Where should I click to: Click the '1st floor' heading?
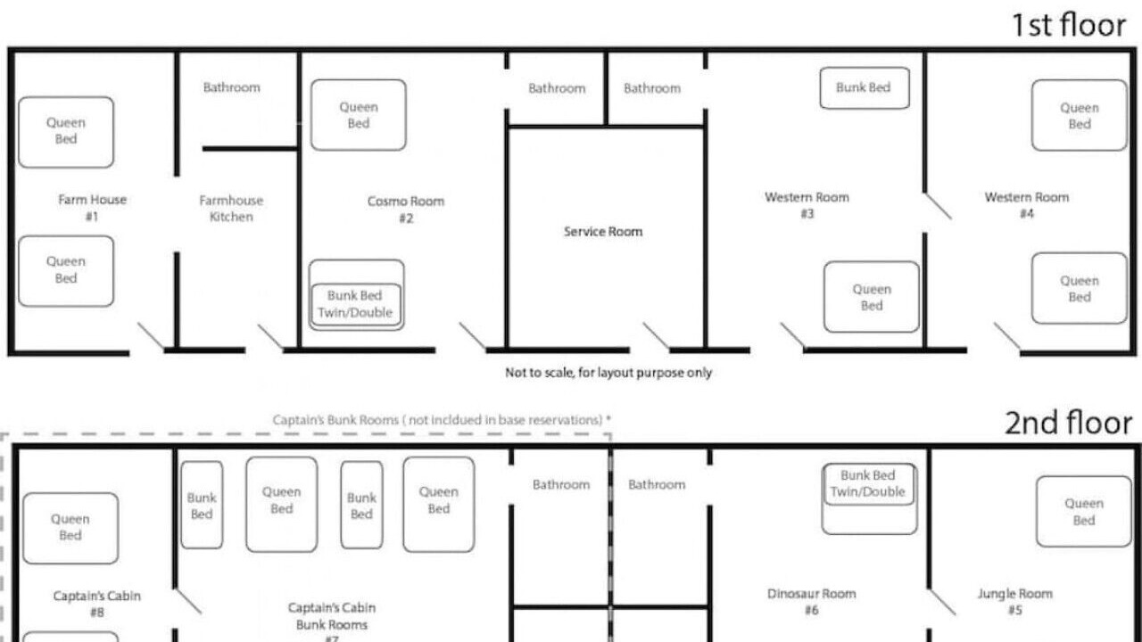[1069, 26]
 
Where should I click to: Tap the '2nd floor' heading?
[1069, 423]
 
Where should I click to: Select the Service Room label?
[603, 232]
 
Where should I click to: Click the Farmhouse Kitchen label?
[231, 209]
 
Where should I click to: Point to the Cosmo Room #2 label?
[406, 210]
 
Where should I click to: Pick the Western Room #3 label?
[807, 205]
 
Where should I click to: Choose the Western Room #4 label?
[1027, 205]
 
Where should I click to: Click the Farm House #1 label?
[92, 208]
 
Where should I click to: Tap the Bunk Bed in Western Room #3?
[865, 88]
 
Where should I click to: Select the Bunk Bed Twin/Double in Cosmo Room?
[356, 304]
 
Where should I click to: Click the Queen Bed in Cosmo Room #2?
[359, 115]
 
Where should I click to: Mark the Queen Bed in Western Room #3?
[872, 297]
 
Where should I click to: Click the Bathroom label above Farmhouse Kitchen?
[231, 87]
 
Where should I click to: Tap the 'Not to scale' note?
[608, 373]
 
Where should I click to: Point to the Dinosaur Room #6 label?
[812, 602]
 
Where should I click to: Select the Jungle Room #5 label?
[1015, 602]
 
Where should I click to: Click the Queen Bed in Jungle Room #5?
[1084, 512]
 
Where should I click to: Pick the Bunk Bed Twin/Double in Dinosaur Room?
[868, 484]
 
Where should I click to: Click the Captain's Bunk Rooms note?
[442, 420]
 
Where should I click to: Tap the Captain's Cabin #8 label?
[97, 604]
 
